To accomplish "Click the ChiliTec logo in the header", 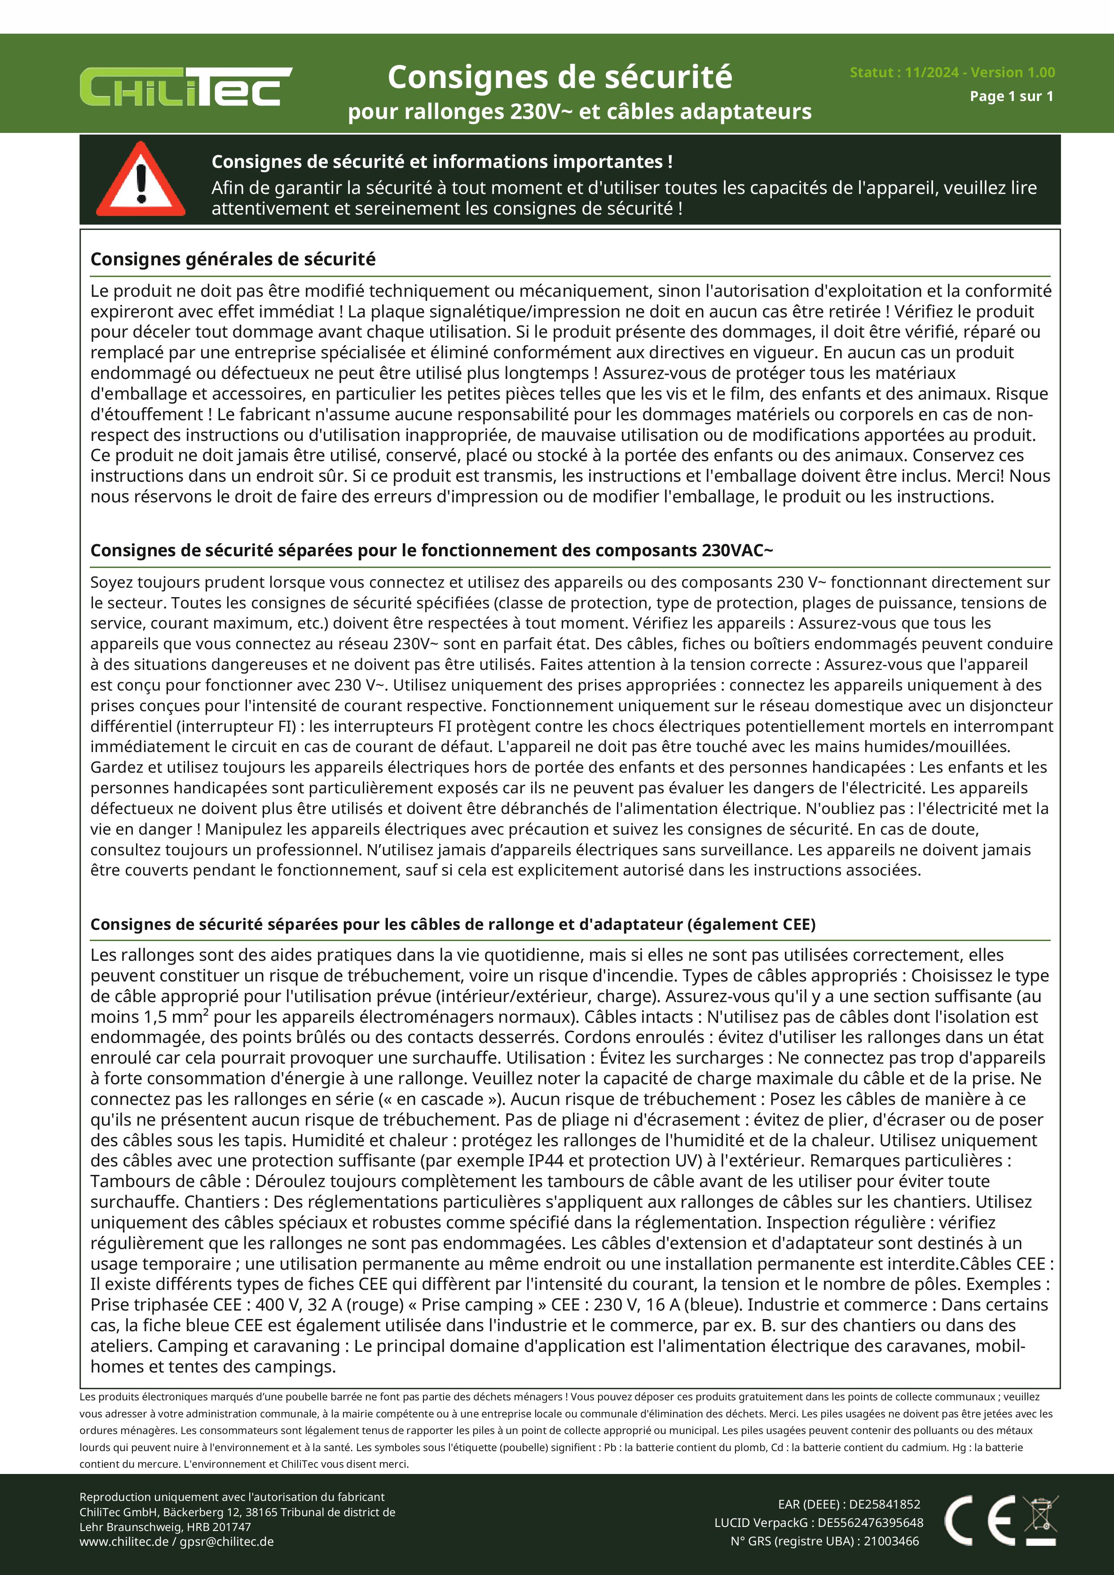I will pos(185,87).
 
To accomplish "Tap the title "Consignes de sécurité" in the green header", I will pos(560,77).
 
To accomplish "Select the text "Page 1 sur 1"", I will pos(1011,96).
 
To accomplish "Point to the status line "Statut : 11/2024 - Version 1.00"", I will pos(952,72).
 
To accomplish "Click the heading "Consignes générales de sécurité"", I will pos(233,260).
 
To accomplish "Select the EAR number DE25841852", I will pos(885,1505).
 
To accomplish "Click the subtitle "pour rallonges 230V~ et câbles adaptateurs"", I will pos(580,111).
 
